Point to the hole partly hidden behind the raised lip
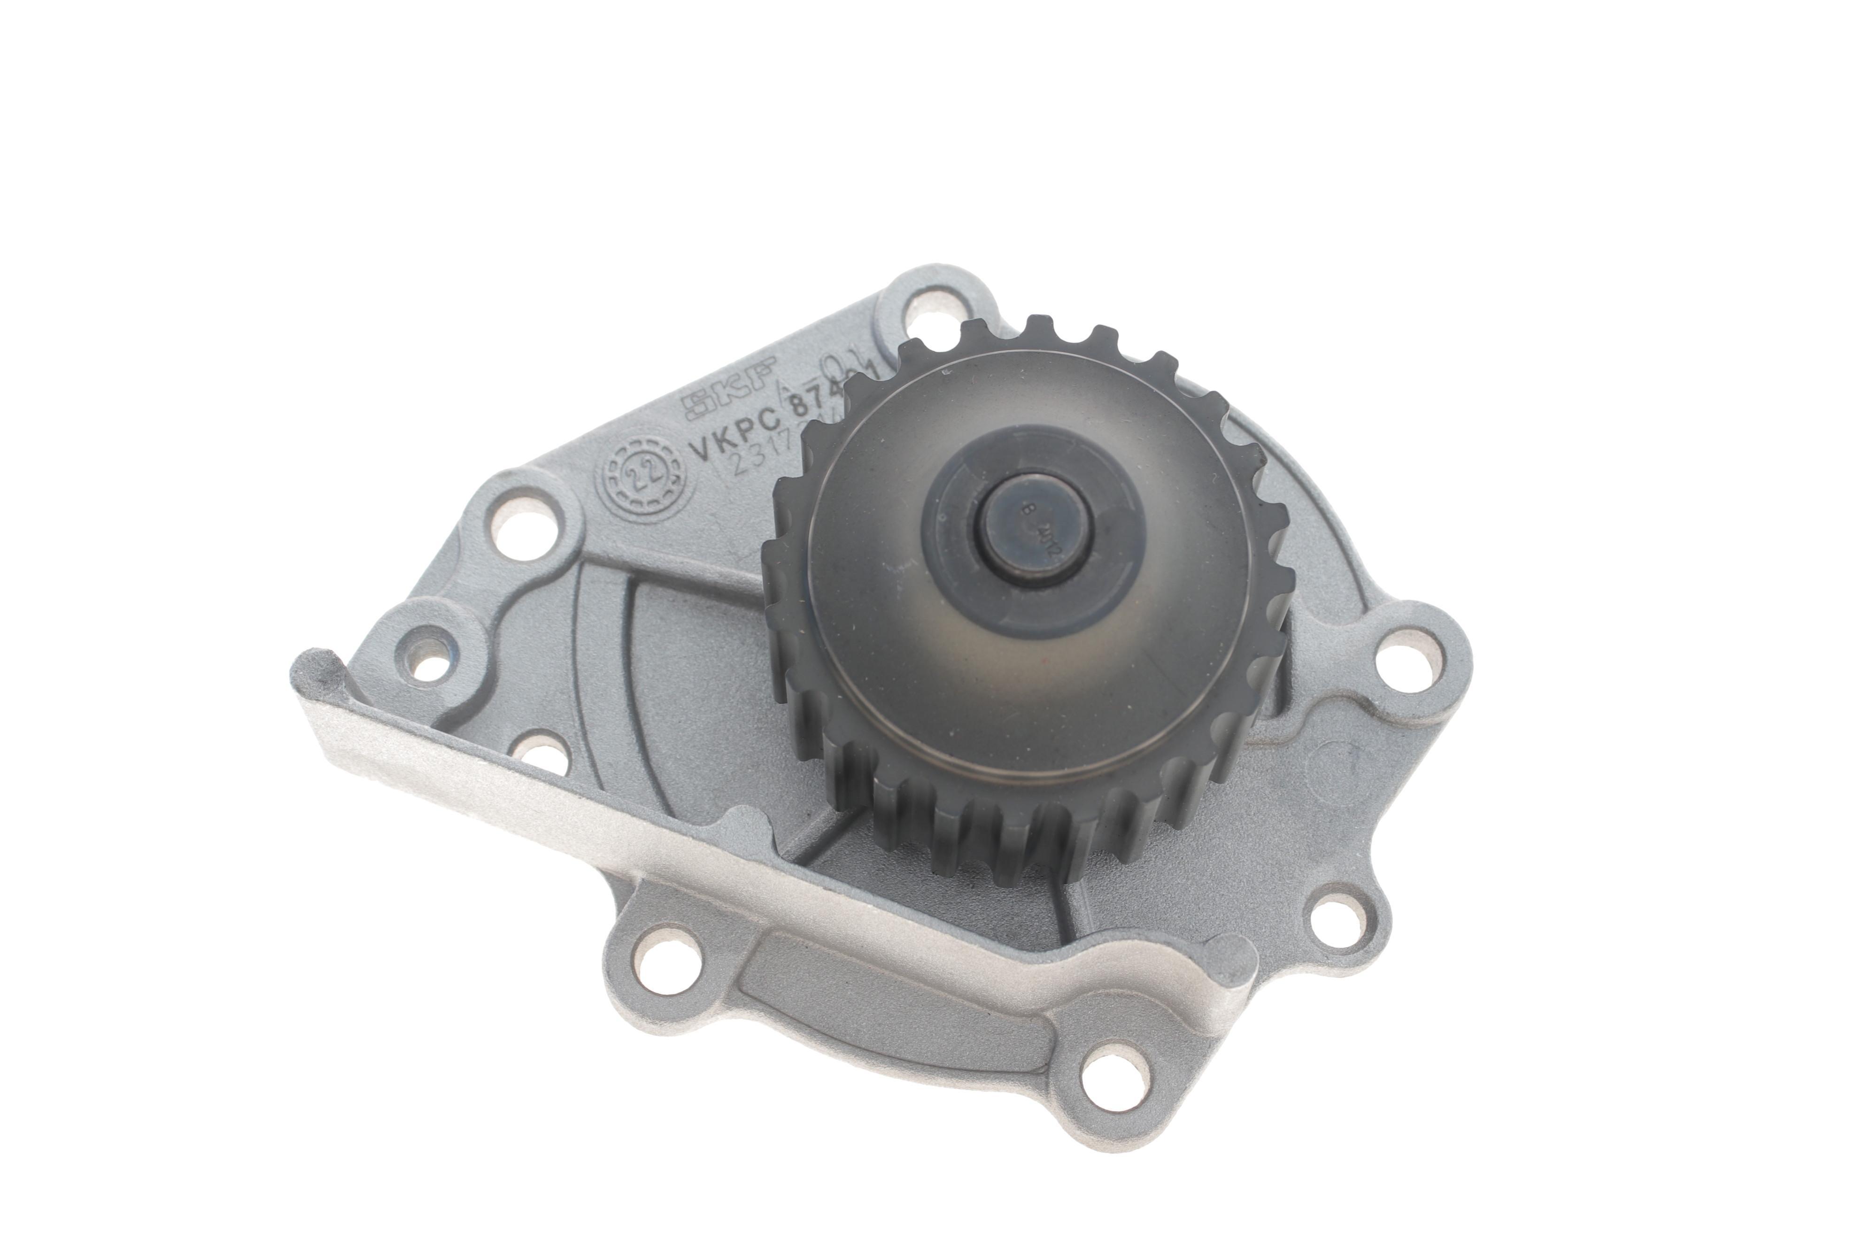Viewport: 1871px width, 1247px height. point(534,752)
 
